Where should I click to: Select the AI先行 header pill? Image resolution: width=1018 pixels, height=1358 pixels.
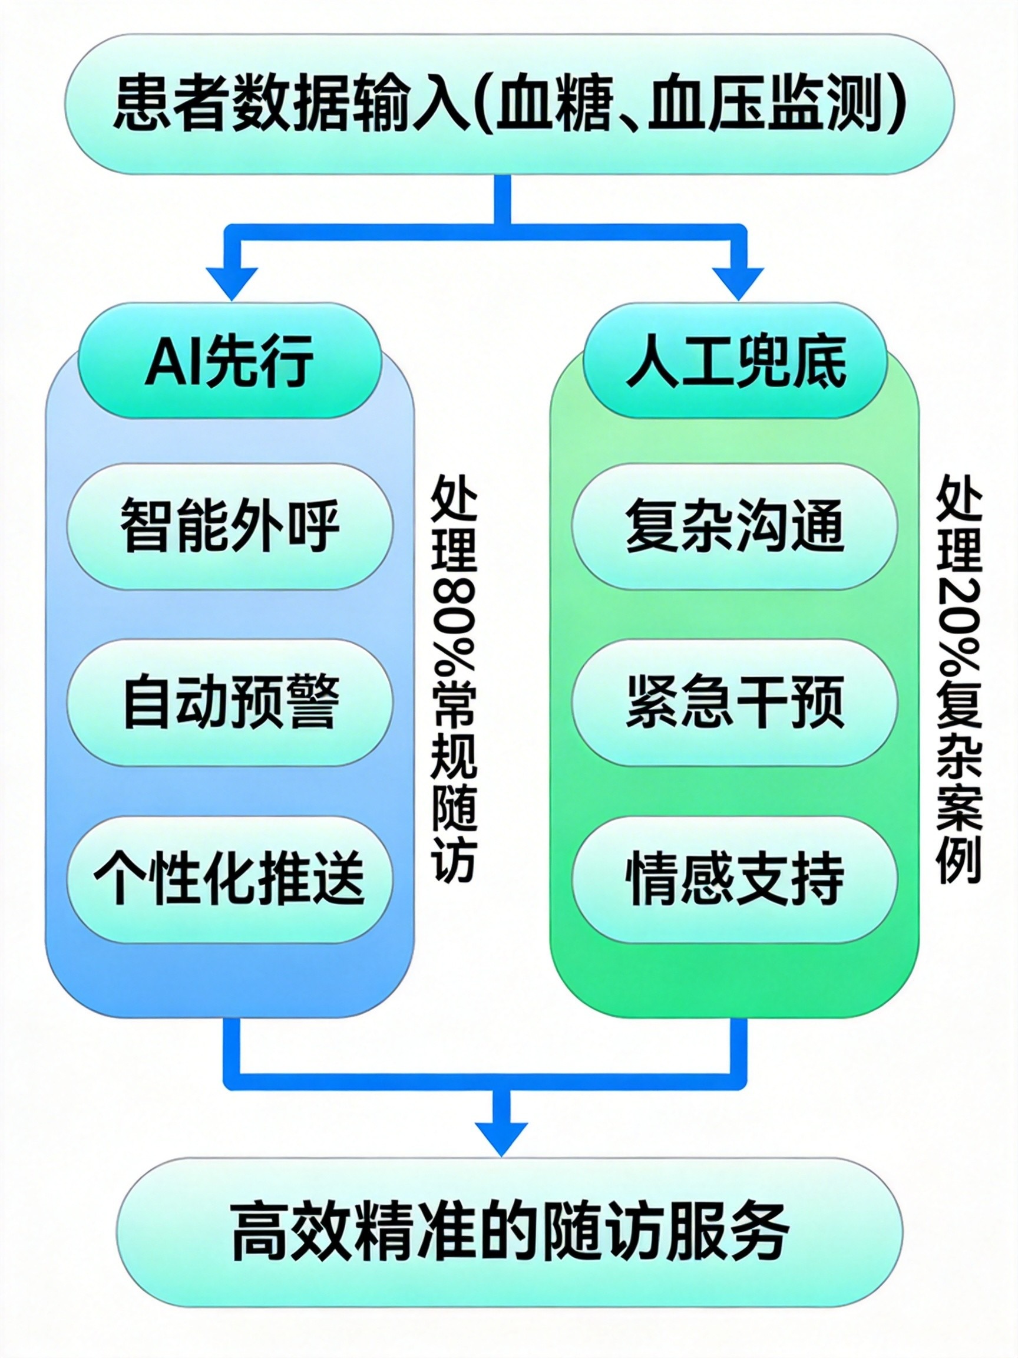[x=230, y=361]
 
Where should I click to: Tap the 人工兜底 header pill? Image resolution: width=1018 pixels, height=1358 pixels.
[x=735, y=361]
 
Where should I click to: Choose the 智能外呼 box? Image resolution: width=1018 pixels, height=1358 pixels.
[x=230, y=526]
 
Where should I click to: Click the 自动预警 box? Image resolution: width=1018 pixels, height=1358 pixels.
[x=230, y=702]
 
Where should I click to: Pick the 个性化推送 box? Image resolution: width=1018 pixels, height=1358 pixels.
[x=230, y=879]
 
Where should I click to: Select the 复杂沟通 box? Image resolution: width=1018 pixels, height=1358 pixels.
[x=735, y=526]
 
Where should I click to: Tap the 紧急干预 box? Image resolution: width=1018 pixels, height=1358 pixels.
[x=735, y=702]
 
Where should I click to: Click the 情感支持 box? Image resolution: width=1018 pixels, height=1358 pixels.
[x=735, y=879]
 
